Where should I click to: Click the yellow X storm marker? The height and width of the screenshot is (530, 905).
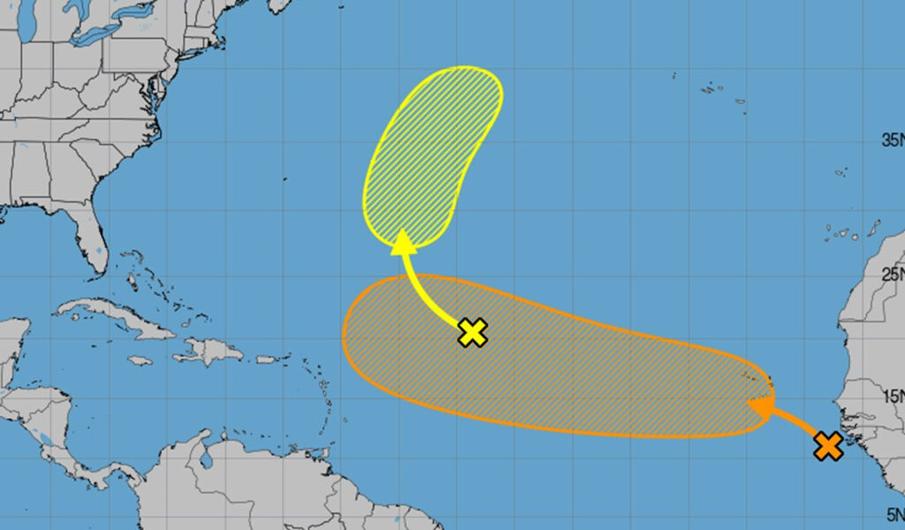pos(474,332)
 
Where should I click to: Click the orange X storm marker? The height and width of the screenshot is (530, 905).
pos(828,446)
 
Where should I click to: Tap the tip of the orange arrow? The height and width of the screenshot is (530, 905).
pos(750,405)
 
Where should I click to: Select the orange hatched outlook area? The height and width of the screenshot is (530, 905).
pos(548,358)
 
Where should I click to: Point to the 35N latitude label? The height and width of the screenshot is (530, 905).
pos(891,140)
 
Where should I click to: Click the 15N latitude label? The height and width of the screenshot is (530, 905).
pos(891,396)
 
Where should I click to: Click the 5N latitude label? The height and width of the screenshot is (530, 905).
pos(892,513)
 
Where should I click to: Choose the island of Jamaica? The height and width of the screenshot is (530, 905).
pos(140,360)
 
